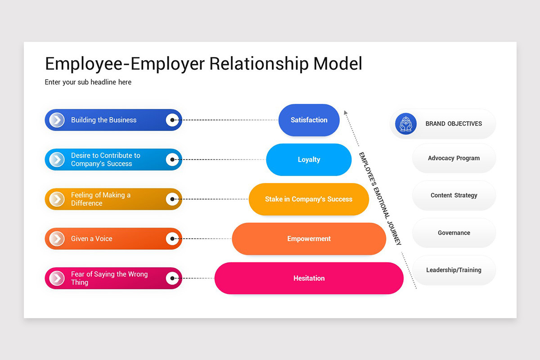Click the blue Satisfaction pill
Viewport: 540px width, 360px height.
(309, 120)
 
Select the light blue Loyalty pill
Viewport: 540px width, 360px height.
(309, 160)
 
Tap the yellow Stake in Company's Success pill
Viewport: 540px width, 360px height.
(309, 199)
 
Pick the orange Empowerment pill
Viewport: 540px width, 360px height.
(309, 238)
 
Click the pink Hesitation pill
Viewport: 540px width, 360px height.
(309, 278)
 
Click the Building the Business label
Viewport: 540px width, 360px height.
(103, 120)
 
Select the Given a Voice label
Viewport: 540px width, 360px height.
(92, 238)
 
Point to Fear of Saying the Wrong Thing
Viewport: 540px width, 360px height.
(109, 278)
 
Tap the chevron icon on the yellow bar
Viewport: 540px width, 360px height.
(57, 199)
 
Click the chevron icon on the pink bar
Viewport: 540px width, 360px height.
(57, 278)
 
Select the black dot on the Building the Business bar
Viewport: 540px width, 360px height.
(172, 120)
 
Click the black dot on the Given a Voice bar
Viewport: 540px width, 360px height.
(172, 238)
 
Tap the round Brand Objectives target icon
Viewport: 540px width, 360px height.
(406, 124)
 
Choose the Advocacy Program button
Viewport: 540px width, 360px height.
(454, 158)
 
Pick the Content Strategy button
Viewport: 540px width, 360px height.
(454, 196)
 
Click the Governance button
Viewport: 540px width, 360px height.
(454, 233)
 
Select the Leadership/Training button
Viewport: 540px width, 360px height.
(454, 270)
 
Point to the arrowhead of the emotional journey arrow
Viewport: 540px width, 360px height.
(346, 112)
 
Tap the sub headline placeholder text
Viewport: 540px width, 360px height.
(88, 82)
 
